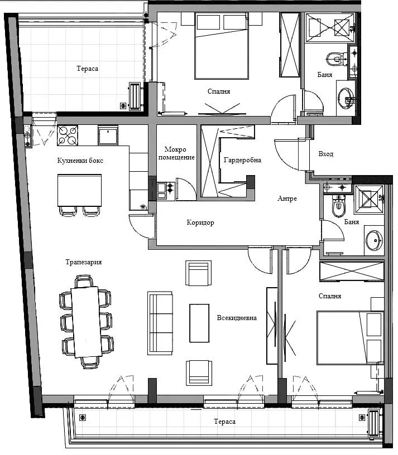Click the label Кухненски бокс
click(x=80, y=161)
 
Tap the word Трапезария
click(x=83, y=262)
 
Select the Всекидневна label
click(x=237, y=318)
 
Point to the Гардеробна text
click(x=242, y=160)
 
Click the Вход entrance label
click(x=325, y=154)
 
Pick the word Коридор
click(x=200, y=222)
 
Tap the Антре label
click(x=287, y=199)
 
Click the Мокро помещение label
click(x=179, y=153)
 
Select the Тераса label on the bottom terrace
click(x=224, y=422)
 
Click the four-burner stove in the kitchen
click(x=68, y=135)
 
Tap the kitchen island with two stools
click(x=80, y=190)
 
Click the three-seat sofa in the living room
click(x=160, y=323)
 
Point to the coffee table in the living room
click(x=199, y=323)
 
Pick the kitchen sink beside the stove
click(x=108, y=135)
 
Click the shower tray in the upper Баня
click(x=330, y=26)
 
